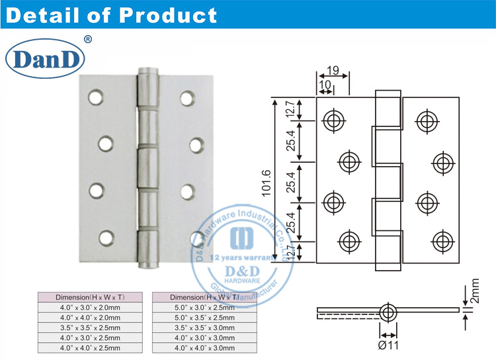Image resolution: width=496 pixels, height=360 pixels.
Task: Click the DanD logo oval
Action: pyautogui.click(x=44, y=60)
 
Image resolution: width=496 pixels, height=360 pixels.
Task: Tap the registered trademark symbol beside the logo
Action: pyautogui.click(x=88, y=40)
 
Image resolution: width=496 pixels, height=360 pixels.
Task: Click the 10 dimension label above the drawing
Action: pyautogui.click(x=325, y=84)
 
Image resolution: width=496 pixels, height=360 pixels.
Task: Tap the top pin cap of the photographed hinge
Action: pyautogui.click(x=149, y=71)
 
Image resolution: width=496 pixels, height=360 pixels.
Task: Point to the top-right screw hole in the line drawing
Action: pyautogui.click(x=427, y=120)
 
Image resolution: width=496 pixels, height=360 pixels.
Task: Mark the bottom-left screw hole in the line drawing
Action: pyautogui.click(x=349, y=240)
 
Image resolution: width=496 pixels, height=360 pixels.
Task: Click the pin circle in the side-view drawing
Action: pyautogui.click(x=388, y=311)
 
